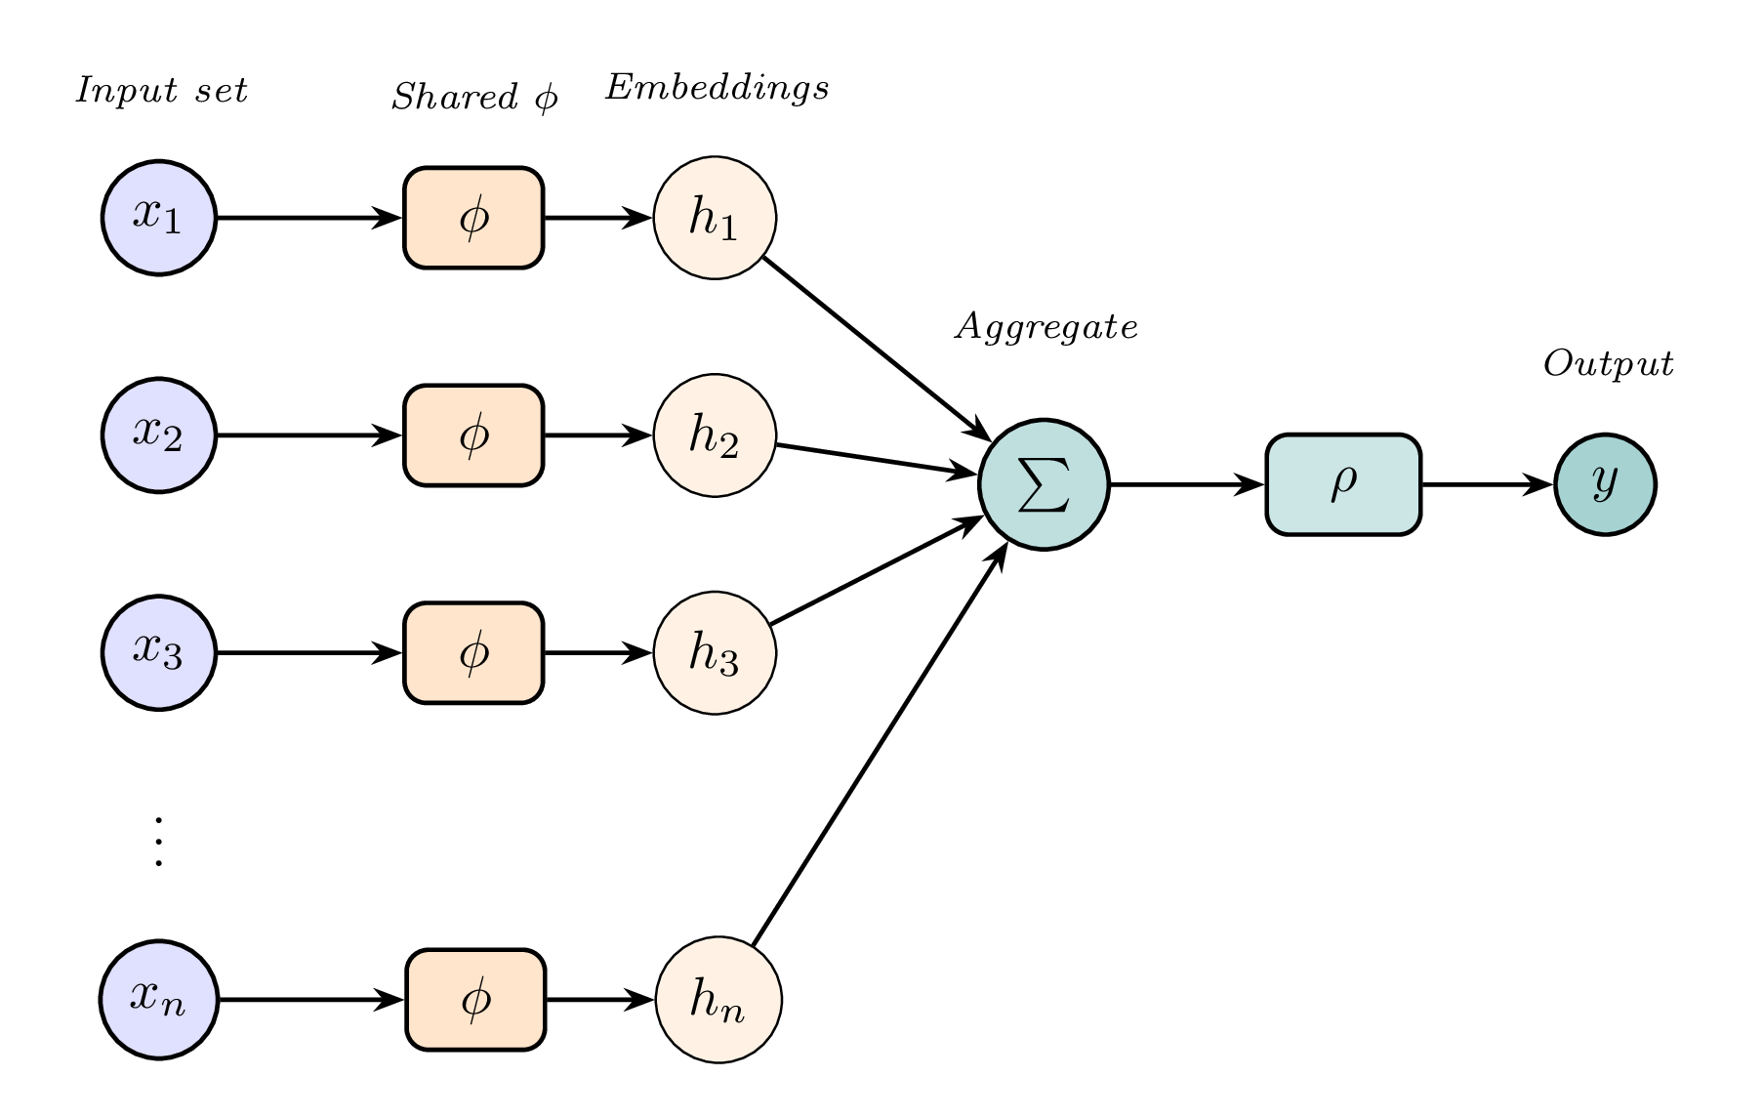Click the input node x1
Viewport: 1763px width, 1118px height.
(x=158, y=218)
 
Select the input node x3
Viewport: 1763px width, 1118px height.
(x=158, y=652)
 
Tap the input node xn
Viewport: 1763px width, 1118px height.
(x=158, y=1000)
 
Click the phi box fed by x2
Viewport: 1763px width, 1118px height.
(x=473, y=435)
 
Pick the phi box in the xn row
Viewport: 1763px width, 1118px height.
(x=475, y=1000)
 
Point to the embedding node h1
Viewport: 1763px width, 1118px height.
(x=715, y=218)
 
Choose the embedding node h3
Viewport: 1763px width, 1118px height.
(x=715, y=652)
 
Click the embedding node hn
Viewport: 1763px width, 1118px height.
(x=717, y=1000)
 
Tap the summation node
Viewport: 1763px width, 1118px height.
(x=1044, y=484)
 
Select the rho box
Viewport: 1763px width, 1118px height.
(x=1343, y=484)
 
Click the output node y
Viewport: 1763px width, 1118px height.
(x=1605, y=484)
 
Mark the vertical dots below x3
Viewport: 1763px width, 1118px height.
(x=158, y=841)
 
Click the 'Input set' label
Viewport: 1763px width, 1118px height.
(x=162, y=91)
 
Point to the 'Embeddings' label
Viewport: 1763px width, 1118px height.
(x=717, y=88)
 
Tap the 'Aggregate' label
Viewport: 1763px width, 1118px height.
(x=1046, y=327)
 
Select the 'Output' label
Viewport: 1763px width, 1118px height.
(x=1608, y=364)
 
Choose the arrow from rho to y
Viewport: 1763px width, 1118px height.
(x=1487, y=484)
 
